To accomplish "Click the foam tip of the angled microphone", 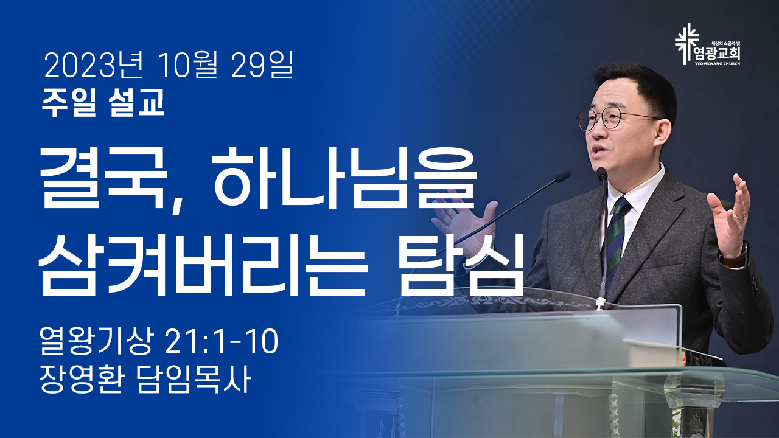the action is [x=562, y=176].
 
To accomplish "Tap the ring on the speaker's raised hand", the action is [x=740, y=216].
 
